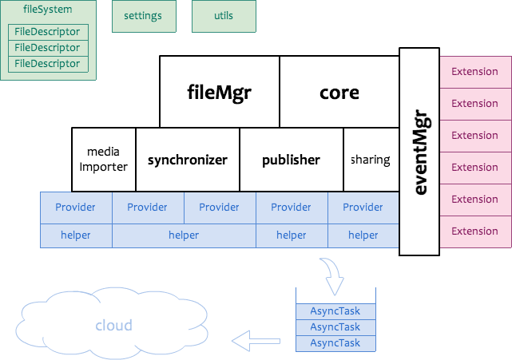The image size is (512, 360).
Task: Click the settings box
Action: click(143, 16)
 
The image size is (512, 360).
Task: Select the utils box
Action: click(224, 16)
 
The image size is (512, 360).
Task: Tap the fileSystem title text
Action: click(48, 10)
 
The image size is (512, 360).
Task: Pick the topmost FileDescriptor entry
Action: click(48, 32)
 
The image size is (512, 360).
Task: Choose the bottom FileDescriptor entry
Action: click(48, 64)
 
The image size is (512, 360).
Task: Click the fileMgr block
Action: click(220, 92)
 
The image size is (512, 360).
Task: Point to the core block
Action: click(339, 92)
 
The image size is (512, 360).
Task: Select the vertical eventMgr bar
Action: click(419, 152)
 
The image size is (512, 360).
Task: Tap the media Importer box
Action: click(104, 160)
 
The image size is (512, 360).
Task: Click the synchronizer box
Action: click(188, 160)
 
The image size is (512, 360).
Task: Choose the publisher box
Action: click(292, 160)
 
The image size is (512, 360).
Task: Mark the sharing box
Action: click(371, 160)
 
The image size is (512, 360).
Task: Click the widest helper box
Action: click(184, 235)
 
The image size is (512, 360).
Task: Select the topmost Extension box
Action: click(475, 72)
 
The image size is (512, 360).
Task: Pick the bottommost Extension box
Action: click(475, 231)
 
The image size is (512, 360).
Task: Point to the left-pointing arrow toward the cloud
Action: click(256, 341)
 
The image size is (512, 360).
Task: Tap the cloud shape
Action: click(112, 326)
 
